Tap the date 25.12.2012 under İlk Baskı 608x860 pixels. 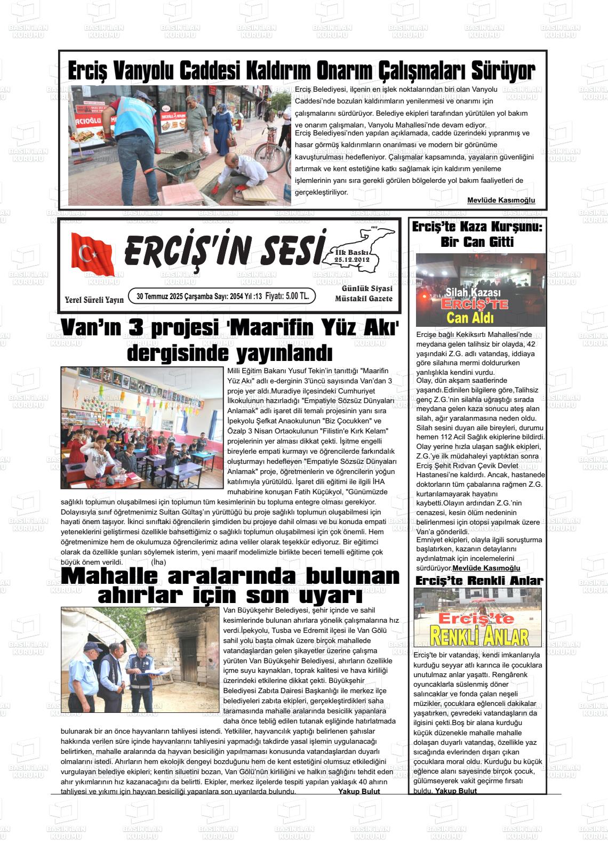click(351, 260)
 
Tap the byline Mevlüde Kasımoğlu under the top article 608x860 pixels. click(501, 200)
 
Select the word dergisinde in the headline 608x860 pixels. click(178, 352)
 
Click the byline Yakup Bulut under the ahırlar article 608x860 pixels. click(359, 792)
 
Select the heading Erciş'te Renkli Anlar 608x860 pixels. click(478, 581)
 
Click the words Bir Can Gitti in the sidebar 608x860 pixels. click(477, 242)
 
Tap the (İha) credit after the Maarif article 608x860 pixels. click(158, 562)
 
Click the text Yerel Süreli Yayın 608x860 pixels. click(94, 300)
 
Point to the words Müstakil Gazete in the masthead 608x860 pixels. click(364, 299)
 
